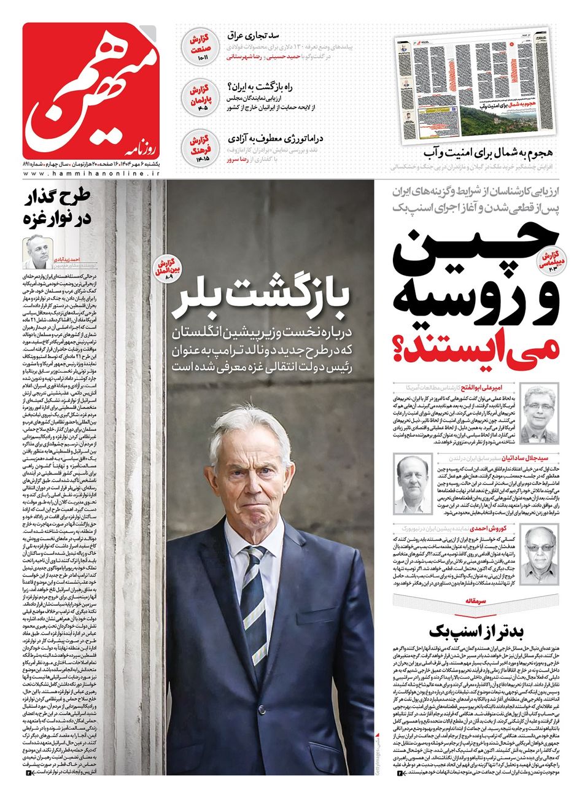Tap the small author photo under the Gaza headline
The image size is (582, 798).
point(39,252)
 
